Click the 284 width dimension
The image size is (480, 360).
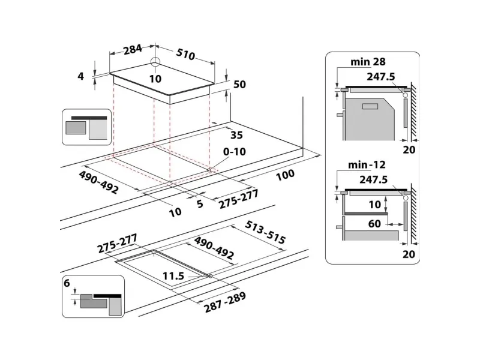133,49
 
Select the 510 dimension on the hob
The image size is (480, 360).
185,54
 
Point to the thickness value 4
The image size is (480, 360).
80,76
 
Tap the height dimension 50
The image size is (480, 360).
239,84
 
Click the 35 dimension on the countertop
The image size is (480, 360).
236,135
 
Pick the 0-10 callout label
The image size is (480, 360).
235,152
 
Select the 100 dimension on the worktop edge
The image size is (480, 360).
285,175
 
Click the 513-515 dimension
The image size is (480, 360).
265,232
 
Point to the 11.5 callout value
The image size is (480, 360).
173,276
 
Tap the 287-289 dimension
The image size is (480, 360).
225,302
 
